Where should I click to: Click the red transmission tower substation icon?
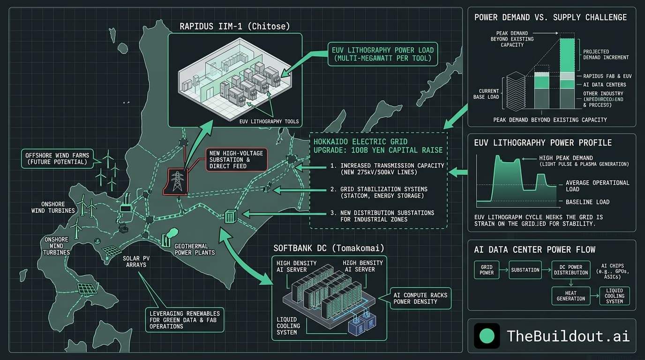point(177,181)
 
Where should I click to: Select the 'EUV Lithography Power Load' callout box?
point(382,53)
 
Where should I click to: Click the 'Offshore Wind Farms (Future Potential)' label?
point(55,158)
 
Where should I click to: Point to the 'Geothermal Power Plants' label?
point(195,249)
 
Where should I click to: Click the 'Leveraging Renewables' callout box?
point(184,319)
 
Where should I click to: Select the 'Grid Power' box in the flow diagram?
point(487,270)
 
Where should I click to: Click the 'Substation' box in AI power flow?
point(525,270)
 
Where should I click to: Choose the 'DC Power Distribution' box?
point(570,270)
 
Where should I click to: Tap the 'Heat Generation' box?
point(570,296)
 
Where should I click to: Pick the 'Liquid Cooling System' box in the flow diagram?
point(614,296)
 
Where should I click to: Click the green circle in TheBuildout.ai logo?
point(487,336)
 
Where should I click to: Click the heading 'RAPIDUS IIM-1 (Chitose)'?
point(235,26)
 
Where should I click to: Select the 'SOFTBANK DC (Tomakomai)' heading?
point(330,247)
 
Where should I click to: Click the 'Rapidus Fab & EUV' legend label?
point(607,76)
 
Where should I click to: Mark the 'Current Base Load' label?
point(489,94)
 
